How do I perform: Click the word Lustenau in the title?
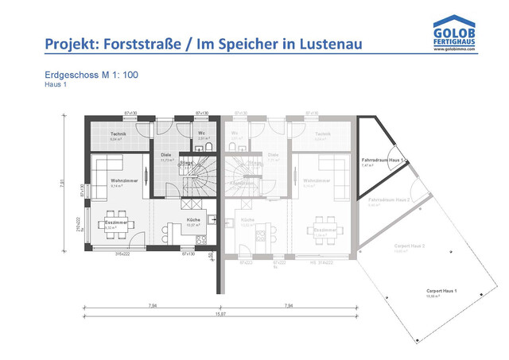point(325,43)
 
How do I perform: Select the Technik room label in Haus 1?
point(118,134)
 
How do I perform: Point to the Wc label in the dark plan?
point(203,134)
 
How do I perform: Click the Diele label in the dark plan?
point(166,155)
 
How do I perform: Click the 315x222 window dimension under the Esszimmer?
point(121,254)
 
